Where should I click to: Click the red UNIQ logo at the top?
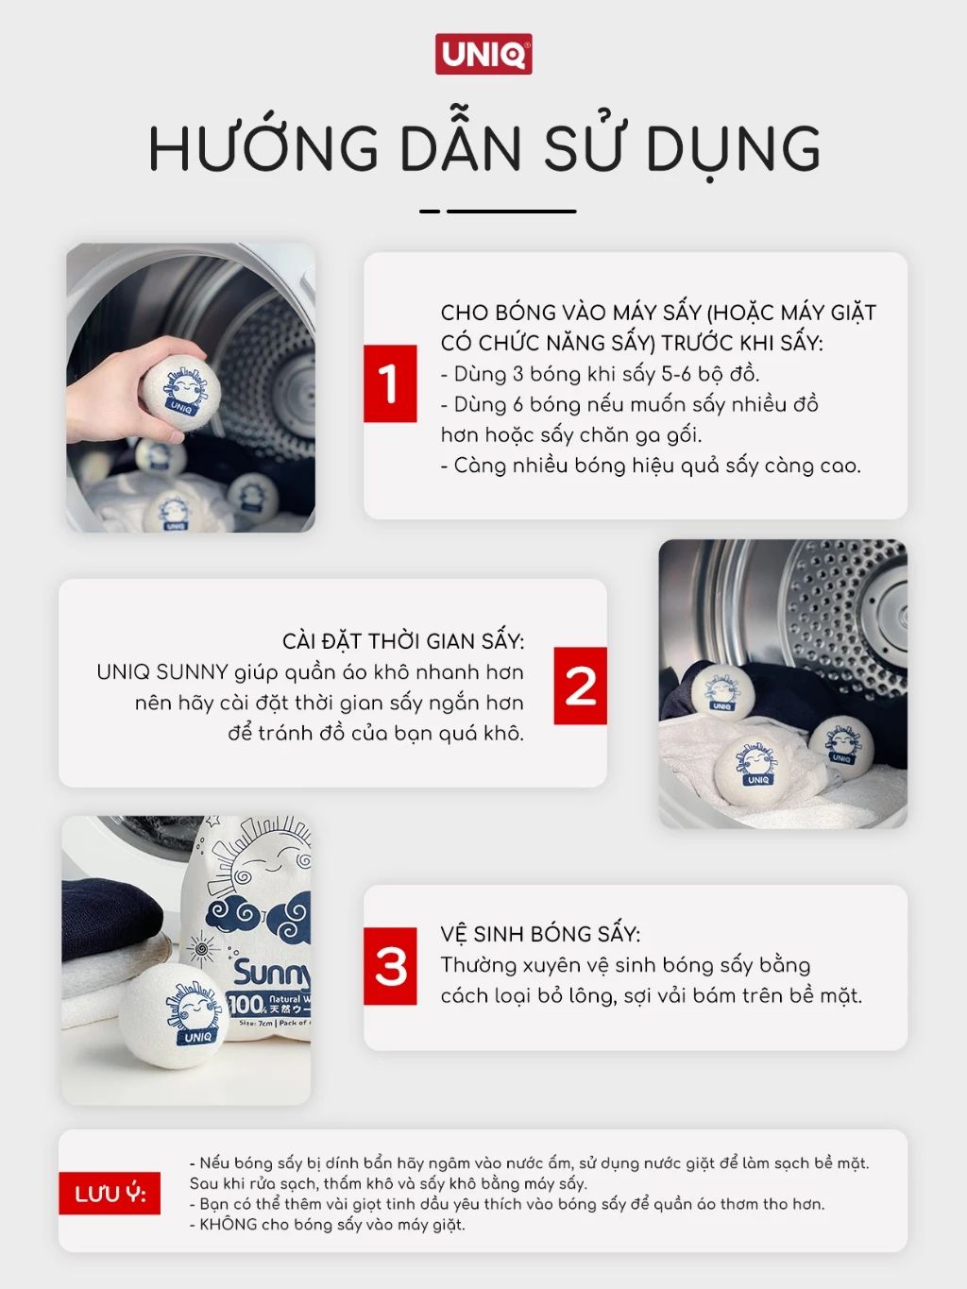tap(483, 54)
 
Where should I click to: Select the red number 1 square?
tap(390, 383)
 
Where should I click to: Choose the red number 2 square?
tap(580, 686)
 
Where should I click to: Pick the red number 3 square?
tap(390, 966)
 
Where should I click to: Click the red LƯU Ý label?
tap(110, 1194)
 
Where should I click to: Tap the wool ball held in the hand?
tap(180, 390)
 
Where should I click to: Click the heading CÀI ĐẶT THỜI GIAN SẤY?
tap(403, 640)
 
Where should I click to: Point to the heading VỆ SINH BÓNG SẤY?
tap(540, 933)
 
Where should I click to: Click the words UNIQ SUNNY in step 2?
tap(162, 671)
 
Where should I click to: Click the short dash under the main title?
tap(430, 211)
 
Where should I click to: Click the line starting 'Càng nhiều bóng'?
tap(652, 466)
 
